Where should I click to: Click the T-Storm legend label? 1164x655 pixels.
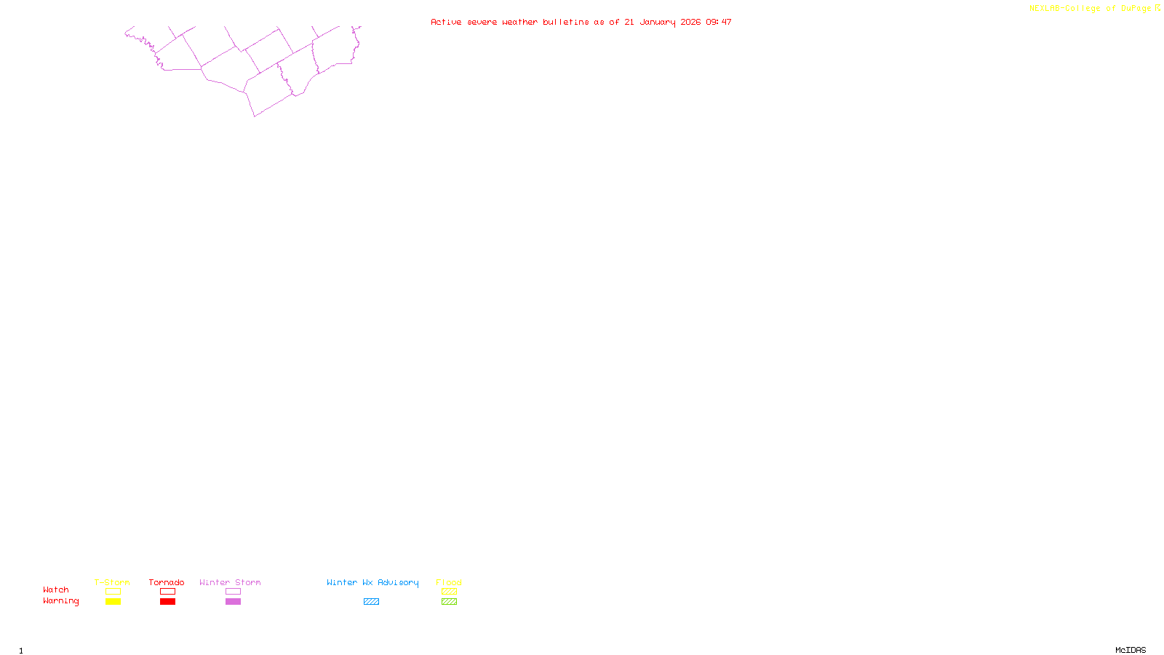pos(112,582)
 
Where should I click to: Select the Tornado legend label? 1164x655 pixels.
pos(167,582)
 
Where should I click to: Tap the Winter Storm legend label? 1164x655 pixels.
pos(230,582)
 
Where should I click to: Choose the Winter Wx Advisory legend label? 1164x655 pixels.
pos(372,582)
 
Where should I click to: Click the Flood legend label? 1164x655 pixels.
pos(449,582)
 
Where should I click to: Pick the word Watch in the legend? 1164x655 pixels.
pos(56,589)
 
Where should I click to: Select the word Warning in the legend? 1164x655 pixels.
pos(61,601)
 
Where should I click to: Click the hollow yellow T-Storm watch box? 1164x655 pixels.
pos(113,592)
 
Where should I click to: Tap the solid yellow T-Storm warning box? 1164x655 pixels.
pos(113,602)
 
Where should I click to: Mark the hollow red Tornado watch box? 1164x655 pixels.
pos(167,592)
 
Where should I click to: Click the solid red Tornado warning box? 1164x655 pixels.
pos(167,602)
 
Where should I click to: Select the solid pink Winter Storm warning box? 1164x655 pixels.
pos(233,602)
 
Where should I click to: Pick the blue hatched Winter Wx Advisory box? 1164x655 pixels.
pos(371,602)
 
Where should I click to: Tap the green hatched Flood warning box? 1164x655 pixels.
pos(449,602)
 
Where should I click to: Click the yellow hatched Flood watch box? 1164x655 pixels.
pos(449,592)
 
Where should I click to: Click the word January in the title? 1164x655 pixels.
pos(658,22)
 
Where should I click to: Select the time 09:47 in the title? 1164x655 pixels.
pos(719,22)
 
